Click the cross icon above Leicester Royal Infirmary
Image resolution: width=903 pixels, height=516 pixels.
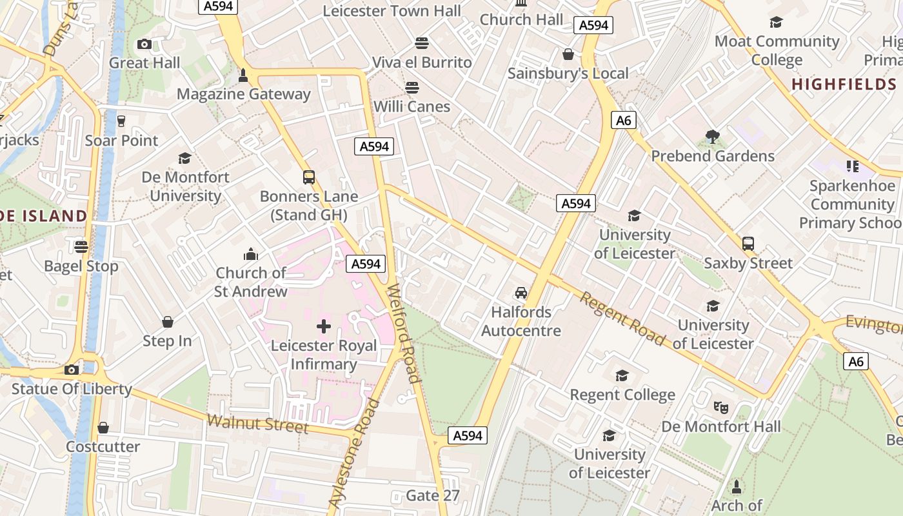click(324, 326)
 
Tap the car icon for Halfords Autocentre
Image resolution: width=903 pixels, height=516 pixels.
click(521, 293)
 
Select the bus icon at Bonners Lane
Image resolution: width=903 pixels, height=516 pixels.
click(309, 177)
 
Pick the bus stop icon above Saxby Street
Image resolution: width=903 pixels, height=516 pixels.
click(748, 244)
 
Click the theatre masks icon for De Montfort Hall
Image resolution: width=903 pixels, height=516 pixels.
click(720, 407)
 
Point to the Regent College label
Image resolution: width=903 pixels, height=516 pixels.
click(622, 394)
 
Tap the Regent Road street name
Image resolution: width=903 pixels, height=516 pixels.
click(622, 318)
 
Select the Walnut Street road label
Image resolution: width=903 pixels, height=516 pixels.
click(257, 424)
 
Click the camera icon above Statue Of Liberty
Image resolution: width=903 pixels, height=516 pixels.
click(72, 370)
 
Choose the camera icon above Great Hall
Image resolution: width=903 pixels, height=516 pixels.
click(144, 44)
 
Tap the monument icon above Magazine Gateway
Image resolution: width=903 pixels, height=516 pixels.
click(243, 75)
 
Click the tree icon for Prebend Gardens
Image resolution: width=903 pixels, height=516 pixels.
click(713, 136)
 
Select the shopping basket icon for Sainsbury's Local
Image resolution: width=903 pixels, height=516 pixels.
click(568, 54)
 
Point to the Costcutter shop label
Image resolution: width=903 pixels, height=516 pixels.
click(103, 446)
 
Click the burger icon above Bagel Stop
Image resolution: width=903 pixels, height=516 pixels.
click(81, 246)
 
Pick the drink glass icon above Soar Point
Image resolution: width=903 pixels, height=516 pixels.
click(121, 121)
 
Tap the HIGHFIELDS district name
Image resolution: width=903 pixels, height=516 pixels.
click(844, 84)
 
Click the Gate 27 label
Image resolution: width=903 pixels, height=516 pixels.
click(433, 495)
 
